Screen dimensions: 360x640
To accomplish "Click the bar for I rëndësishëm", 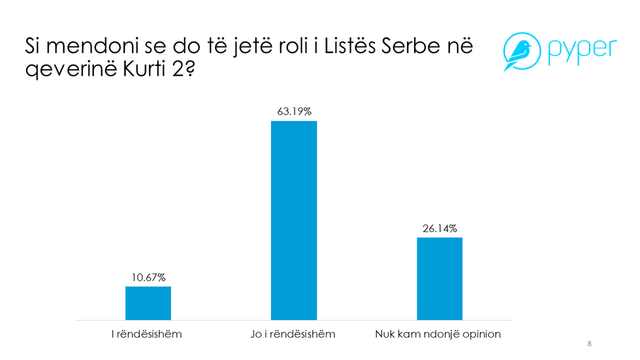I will [x=148, y=303].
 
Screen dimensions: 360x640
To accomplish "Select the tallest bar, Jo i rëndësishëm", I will [x=294, y=220].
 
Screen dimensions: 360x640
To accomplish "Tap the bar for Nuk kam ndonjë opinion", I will [x=440, y=278].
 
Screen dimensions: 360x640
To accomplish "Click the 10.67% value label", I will [x=148, y=278].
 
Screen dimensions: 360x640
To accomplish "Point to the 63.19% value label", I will [x=294, y=112].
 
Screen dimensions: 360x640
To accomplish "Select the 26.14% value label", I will [x=440, y=228].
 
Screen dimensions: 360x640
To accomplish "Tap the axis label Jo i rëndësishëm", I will [x=294, y=334].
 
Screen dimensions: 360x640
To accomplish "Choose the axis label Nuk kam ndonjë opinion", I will [x=438, y=334].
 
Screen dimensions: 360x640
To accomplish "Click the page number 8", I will [x=590, y=344].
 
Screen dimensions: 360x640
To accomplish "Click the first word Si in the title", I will [x=33, y=47].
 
